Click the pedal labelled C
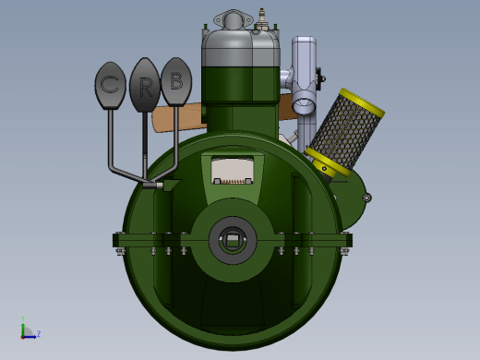click(110, 85)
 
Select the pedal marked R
click(145, 85)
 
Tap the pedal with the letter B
click(176, 81)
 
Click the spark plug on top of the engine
click(262, 19)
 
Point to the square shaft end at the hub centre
click(233, 239)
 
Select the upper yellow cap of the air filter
click(363, 102)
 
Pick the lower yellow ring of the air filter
click(328, 162)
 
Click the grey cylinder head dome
click(241, 48)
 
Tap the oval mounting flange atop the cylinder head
click(233, 19)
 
